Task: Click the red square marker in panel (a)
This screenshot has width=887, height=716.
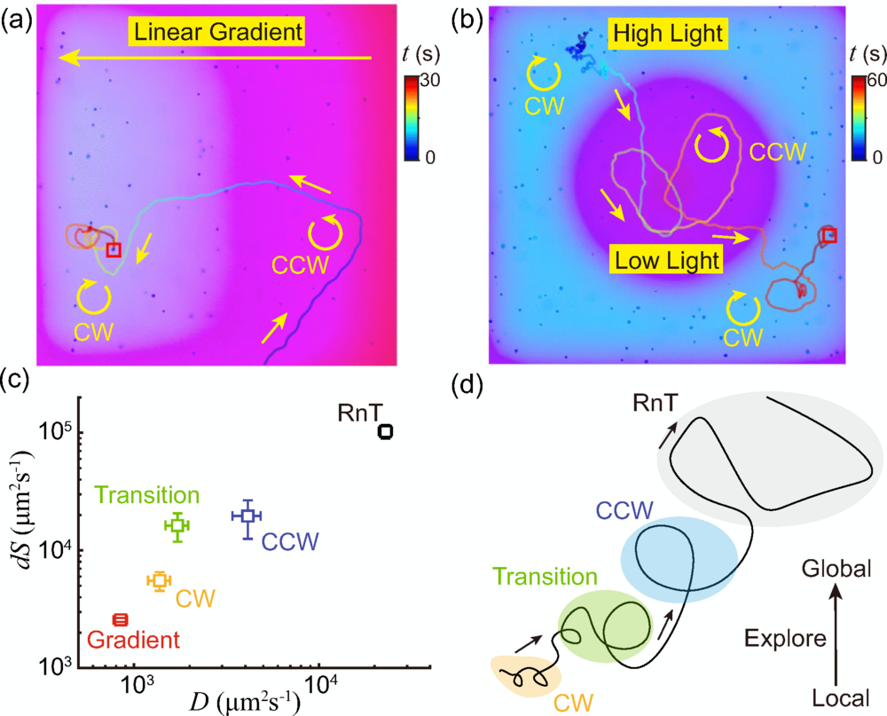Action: (113, 250)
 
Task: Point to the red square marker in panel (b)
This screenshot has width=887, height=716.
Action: (828, 235)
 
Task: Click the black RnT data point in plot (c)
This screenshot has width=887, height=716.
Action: (385, 431)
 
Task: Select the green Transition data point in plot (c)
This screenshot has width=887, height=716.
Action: (177, 525)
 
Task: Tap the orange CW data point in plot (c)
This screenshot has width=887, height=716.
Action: (159, 580)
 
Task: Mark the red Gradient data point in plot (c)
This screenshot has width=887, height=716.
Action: (121, 619)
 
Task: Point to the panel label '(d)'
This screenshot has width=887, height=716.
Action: (467, 387)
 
